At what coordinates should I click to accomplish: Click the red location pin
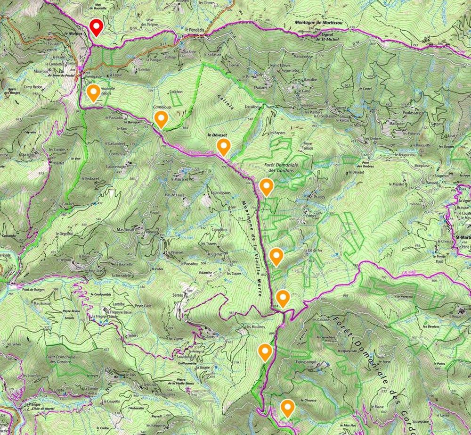pos(97,27)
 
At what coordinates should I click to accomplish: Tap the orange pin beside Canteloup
pos(162,119)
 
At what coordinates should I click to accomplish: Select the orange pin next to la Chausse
pos(287,408)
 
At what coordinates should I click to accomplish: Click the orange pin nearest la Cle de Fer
pos(276,256)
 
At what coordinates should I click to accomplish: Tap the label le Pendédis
pos(195,30)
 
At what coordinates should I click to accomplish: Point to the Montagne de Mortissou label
pos(318,22)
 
